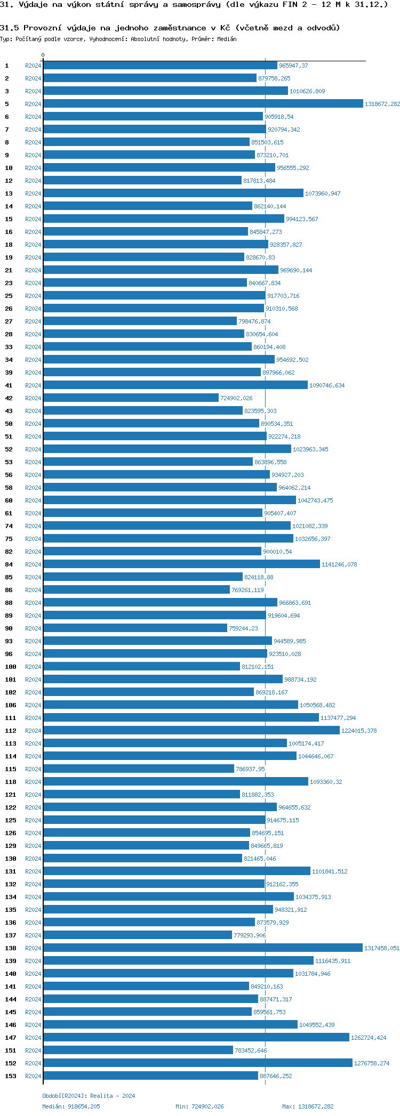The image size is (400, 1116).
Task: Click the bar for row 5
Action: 203,104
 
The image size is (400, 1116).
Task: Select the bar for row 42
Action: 131,398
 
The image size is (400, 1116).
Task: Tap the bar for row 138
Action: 203,948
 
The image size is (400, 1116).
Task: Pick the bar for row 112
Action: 191,731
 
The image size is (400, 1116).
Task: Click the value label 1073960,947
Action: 323,193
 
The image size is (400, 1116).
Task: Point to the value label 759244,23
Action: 243,628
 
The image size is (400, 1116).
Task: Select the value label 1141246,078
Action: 339,564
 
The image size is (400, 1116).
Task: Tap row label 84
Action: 9,564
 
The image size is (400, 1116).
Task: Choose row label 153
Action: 11,1076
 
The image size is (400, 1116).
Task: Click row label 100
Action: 11,667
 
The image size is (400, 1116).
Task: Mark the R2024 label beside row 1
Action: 33,66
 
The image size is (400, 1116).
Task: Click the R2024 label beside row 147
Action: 33,1038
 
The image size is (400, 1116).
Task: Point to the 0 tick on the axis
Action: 43,55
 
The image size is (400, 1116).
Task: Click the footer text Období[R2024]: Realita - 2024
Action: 89,1096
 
